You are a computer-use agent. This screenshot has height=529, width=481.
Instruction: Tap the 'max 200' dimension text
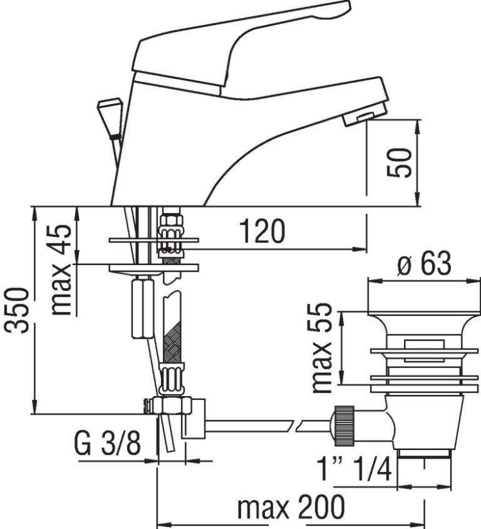[290, 508]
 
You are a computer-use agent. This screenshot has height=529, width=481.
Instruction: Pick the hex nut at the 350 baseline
[170, 406]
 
